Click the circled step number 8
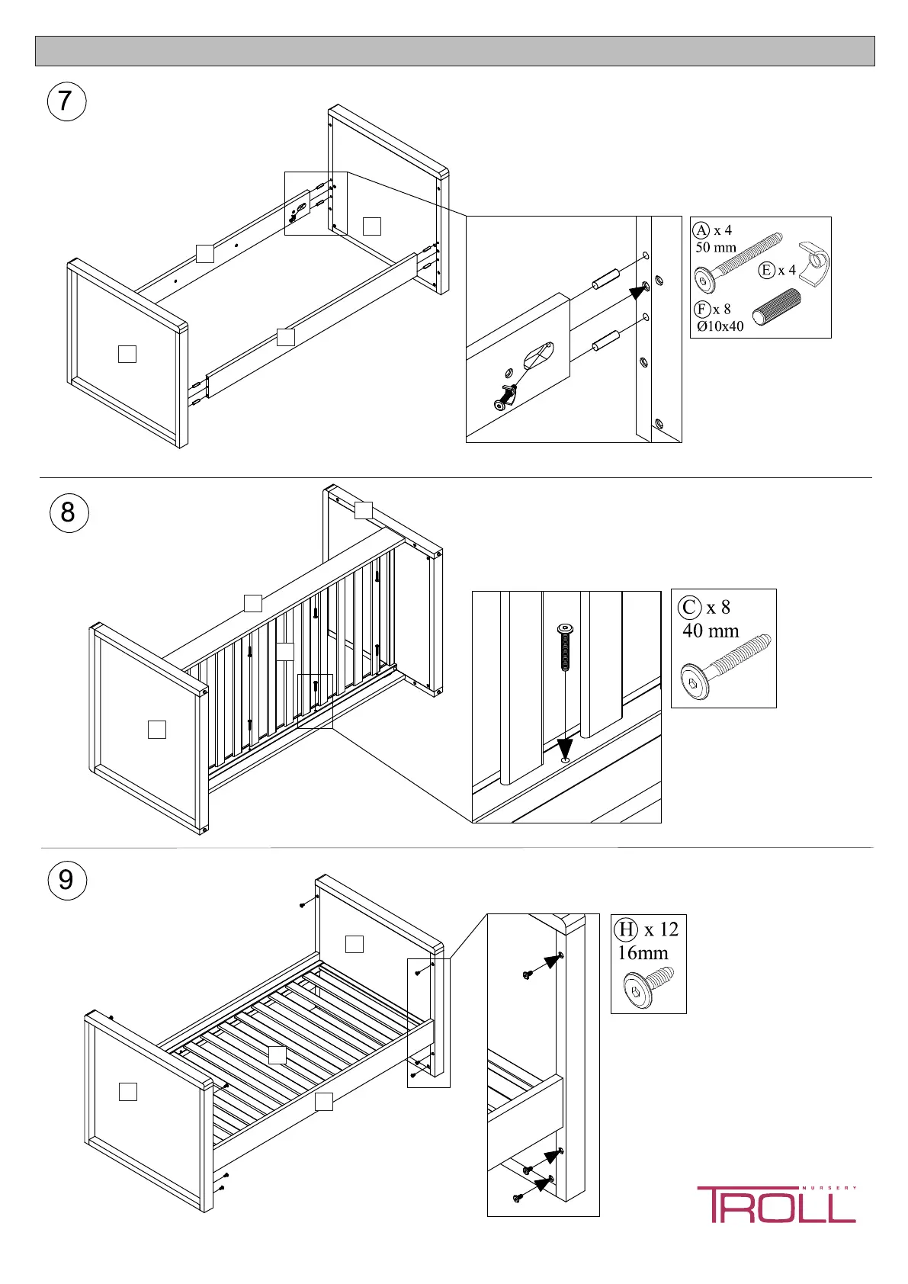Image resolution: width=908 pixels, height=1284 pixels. (69, 512)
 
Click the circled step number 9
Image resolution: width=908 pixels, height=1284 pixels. (66, 881)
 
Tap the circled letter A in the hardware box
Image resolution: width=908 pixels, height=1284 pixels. (701, 230)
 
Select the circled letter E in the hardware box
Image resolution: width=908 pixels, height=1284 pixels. (767, 270)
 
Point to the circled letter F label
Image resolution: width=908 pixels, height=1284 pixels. (702, 309)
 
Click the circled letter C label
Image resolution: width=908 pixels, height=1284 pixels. (689, 607)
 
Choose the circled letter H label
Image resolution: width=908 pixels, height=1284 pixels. (626, 929)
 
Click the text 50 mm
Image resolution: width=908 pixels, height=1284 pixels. (716, 247)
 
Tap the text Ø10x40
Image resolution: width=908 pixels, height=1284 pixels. (720, 326)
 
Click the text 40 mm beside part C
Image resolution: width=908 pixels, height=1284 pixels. (711, 631)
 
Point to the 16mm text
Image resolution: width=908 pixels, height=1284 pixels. (643, 953)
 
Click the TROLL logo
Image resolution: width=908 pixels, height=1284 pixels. (776, 1205)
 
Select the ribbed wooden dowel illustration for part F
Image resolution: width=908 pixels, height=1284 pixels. (776, 307)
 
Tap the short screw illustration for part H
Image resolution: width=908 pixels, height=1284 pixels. (648, 987)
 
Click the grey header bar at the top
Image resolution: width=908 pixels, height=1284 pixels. (454, 51)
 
